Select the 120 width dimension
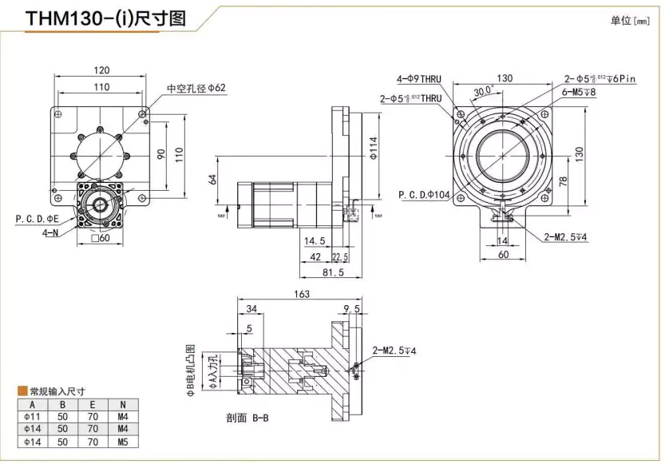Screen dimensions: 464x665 click(101, 69)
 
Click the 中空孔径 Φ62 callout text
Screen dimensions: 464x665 click(196, 88)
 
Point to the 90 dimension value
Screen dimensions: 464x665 click(160, 153)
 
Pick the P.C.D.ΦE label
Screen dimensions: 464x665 click(38, 217)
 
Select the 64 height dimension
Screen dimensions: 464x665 click(213, 180)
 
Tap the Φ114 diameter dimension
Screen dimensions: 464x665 click(373, 149)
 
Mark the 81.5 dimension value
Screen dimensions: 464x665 click(332, 273)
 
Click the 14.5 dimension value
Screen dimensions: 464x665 click(314, 240)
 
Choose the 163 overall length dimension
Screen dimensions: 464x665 click(302, 294)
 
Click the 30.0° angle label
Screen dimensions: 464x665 click(482, 90)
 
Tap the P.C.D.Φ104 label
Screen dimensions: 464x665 click(424, 194)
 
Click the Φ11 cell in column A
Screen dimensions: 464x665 click(31, 416)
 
